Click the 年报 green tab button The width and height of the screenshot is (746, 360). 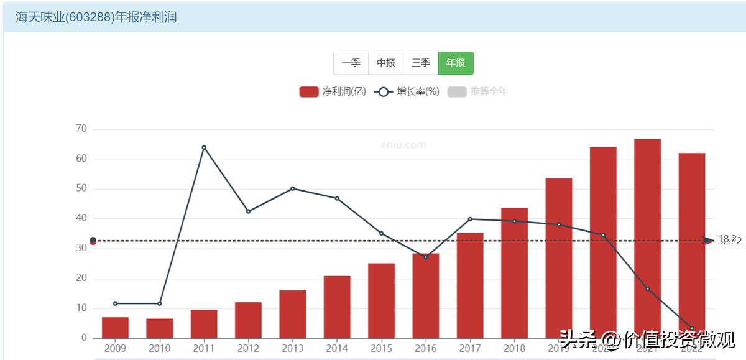point(456,63)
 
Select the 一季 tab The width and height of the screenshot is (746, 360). point(351,63)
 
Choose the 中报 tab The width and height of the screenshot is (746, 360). point(385,63)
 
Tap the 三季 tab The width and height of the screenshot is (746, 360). point(420,63)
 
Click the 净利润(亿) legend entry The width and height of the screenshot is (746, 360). point(333,91)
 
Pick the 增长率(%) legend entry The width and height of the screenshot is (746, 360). point(407,91)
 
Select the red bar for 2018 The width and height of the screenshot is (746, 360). point(514,273)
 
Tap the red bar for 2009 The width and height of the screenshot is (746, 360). point(115,328)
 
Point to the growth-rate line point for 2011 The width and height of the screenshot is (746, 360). point(204,147)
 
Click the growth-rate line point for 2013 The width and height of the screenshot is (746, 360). point(293,188)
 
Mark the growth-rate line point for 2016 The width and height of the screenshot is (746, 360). point(426,257)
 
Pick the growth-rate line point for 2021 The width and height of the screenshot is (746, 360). point(647,288)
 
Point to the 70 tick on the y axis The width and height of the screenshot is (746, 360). point(81,129)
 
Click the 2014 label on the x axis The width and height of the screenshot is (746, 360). point(337,348)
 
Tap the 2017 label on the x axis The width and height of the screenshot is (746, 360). point(470,348)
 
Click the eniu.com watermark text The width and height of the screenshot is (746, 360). point(403,145)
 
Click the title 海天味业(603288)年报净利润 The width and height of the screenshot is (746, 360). point(96,17)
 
